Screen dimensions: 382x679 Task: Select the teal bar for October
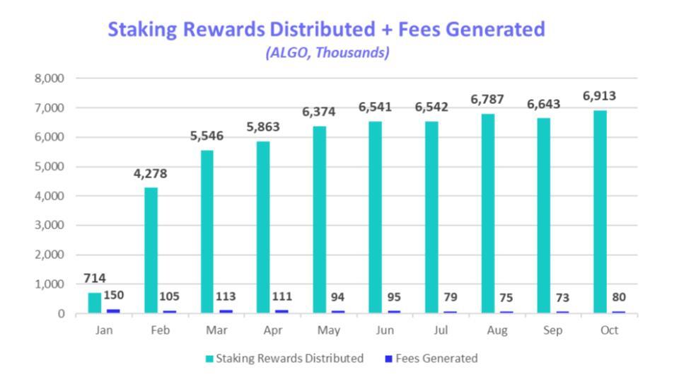tap(599, 212)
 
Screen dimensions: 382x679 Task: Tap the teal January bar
tap(95, 303)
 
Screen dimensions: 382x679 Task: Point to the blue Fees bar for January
tap(112, 311)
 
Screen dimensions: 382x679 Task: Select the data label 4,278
tap(151, 173)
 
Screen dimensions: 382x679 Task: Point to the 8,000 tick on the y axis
tap(49, 79)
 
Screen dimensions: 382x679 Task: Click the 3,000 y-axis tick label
tap(49, 226)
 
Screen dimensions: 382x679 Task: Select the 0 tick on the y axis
tap(62, 313)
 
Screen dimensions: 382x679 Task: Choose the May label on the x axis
tap(329, 330)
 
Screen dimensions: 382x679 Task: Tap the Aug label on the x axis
tap(497, 330)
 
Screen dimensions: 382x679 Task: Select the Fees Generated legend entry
tap(431, 359)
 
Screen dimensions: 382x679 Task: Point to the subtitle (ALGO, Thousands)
tap(327, 53)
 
